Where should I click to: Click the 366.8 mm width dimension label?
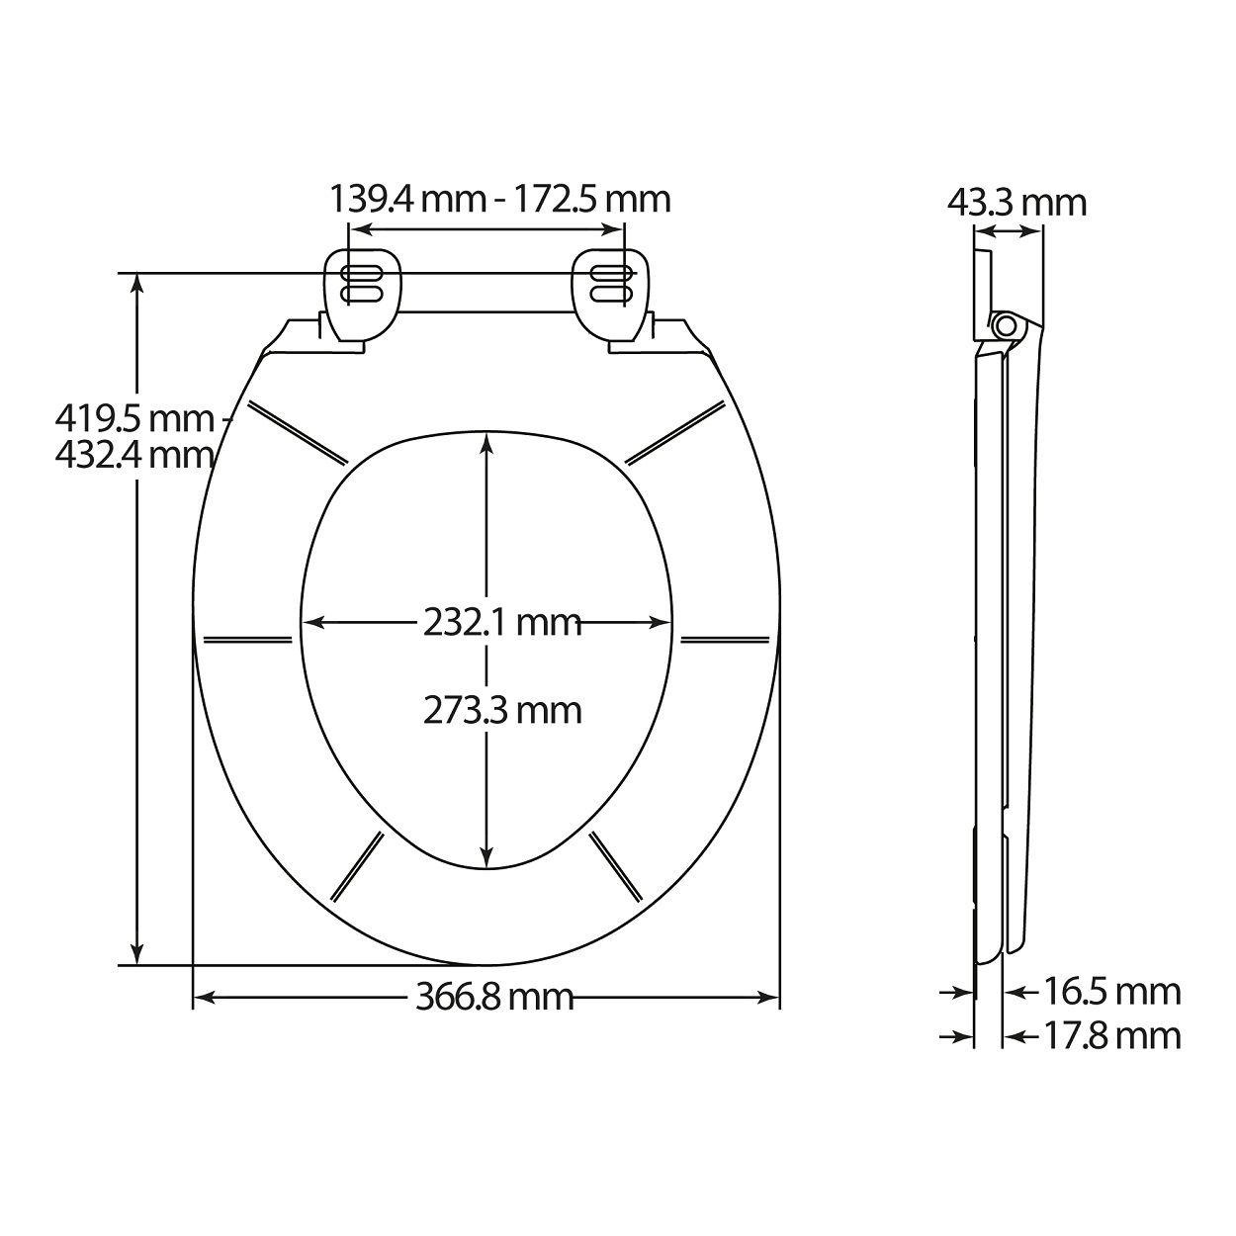[x=493, y=997]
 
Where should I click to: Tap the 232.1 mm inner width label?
[x=501, y=623]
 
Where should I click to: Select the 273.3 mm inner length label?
[x=501, y=710]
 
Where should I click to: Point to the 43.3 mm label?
[x=1015, y=203]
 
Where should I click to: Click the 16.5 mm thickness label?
[x=1112, y=991]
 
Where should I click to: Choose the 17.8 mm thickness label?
[x=1112, y=1036]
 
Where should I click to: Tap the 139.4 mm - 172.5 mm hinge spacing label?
[x=499, y=199]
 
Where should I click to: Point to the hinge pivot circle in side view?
[x=1007, y=325]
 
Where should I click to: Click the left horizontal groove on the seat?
[x=246, y=638]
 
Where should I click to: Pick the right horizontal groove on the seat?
[x=725, y=638]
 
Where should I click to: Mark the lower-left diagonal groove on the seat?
[x=356, y=868]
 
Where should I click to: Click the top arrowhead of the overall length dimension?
[x=137, y=282]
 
